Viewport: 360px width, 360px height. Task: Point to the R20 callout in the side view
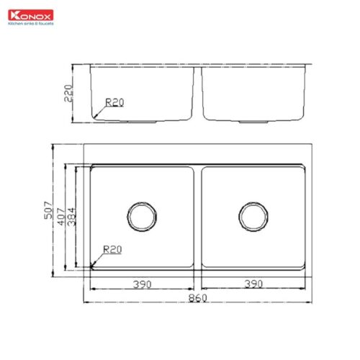point(114,103)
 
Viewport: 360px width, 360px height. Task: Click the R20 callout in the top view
point(112,250)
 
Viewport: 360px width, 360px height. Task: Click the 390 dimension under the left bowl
point(142,285)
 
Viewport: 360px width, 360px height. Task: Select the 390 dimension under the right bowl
point(253,285)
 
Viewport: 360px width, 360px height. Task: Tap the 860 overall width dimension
point(197,297)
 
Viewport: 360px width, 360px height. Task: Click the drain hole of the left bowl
point(141,215)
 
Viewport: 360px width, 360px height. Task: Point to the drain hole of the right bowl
point(253,215)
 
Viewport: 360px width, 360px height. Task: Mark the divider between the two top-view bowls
point(197,216)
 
